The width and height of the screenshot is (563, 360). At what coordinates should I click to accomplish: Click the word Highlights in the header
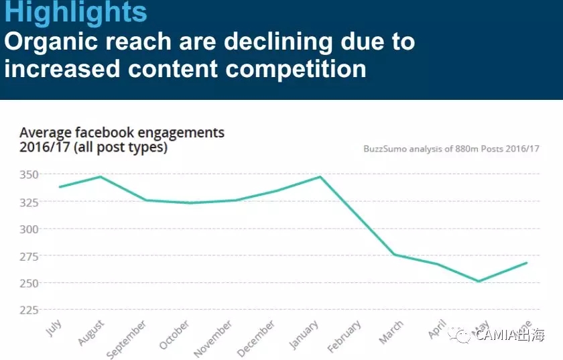point(76,13)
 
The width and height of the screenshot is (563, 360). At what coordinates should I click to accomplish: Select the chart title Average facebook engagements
point(122,133)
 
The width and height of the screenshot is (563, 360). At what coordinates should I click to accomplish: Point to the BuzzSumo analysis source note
point(451,149)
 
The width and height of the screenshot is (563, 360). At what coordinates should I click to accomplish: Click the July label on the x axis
point(54,328)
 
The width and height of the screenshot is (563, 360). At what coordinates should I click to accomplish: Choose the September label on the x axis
point(127,339)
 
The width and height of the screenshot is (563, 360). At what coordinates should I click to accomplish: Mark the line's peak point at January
point(320,176)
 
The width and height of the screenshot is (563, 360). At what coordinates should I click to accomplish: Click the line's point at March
point(393,254)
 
